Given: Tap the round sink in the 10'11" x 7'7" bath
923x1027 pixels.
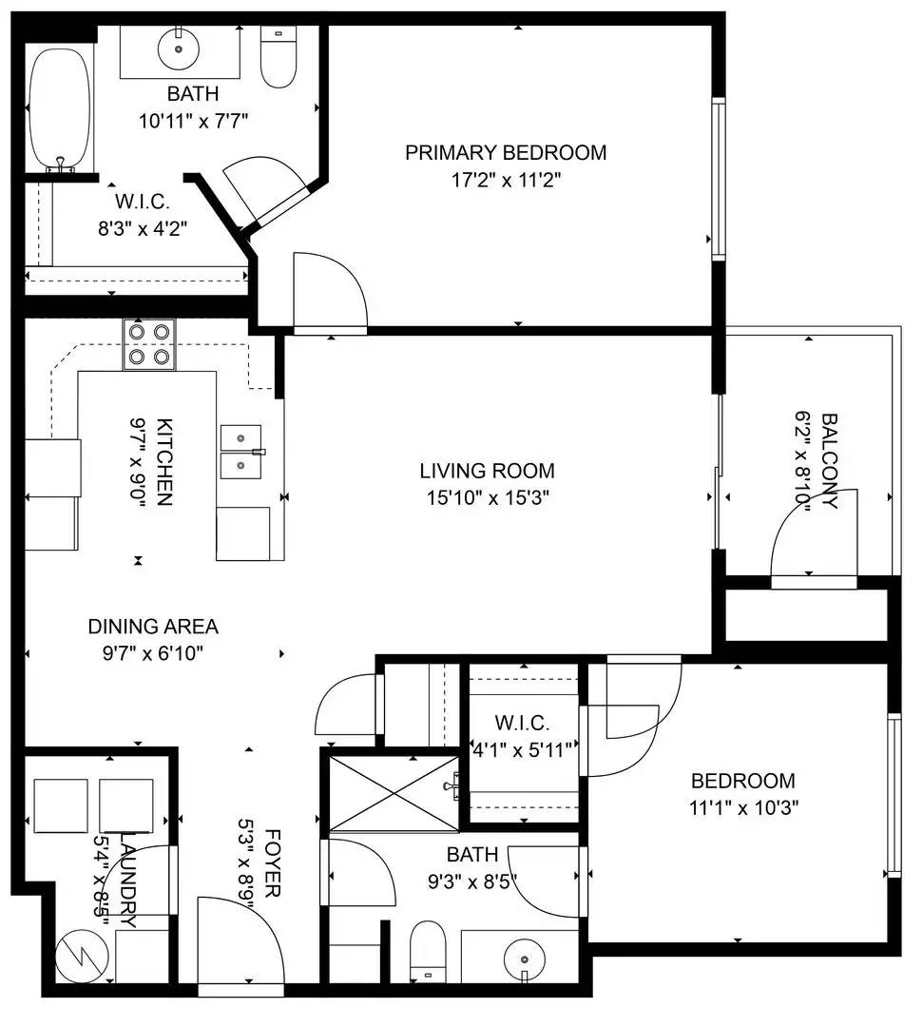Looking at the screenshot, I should tap(178, 48).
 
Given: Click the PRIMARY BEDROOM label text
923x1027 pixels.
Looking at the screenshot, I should tap(506, 152).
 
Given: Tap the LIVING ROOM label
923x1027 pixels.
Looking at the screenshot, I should tap(487, 471).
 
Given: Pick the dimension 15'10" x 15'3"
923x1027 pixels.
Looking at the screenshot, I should tap(487, 496).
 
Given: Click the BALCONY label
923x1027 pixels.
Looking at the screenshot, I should tap(829, 461).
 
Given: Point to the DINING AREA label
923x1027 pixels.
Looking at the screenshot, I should tap(153, 627).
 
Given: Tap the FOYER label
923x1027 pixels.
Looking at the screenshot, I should tap(271, 860).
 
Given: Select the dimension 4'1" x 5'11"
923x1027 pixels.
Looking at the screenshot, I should tap(525, 749).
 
